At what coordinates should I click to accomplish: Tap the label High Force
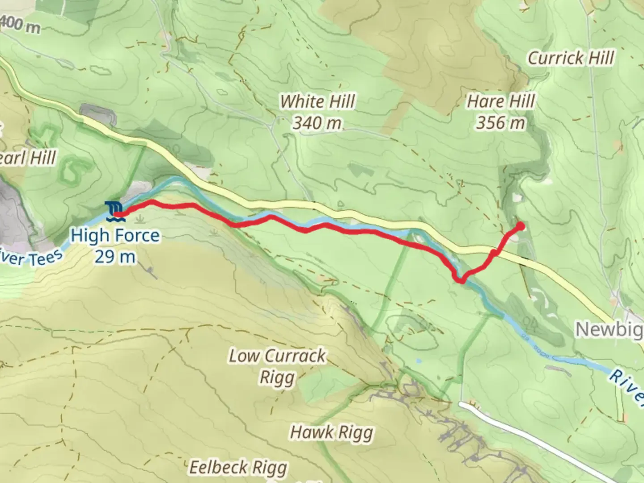[115, 235]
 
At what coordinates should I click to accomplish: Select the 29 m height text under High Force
[114, 257]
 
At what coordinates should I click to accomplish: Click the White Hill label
[318, 102]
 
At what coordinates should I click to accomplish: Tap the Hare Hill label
[500, 102]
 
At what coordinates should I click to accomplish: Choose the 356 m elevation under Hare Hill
[500, 123]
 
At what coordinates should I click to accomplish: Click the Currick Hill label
[571, 58]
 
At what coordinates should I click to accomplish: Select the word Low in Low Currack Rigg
[244, 356]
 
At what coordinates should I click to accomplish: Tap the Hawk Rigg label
[331, 432]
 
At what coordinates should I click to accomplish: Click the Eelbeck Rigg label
[238, 467]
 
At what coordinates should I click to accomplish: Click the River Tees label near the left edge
[31, 258]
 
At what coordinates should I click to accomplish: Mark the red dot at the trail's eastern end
[521, 226]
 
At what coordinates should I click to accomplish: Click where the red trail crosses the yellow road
[495, 253]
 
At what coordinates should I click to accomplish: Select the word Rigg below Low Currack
[277, 378]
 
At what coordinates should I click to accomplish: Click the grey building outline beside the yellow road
[97, 114]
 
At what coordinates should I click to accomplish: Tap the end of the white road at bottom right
[462, 404]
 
